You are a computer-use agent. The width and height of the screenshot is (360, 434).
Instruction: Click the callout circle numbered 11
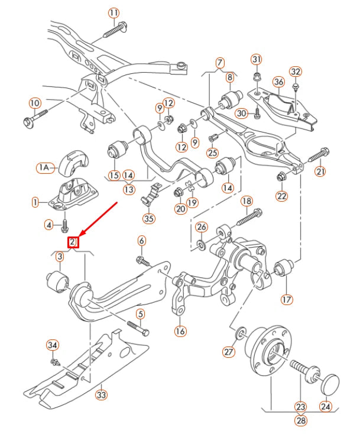[113, 12]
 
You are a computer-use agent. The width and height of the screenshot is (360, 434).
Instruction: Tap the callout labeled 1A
[44, 169]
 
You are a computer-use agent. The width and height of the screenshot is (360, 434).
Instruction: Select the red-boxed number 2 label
[73, 242]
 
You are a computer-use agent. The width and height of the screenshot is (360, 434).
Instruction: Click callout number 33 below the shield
[102, 394]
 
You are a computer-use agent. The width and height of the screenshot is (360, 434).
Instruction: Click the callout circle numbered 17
[287, 299]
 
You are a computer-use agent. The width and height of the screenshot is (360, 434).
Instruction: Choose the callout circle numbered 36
[278, 81]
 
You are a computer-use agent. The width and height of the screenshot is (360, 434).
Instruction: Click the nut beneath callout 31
[256, 76]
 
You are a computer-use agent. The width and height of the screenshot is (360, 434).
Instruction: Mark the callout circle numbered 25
[212, 153]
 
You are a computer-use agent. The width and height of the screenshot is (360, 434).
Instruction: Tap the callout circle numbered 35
[148, 218]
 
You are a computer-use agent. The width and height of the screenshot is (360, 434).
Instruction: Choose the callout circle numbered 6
[141, 240]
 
